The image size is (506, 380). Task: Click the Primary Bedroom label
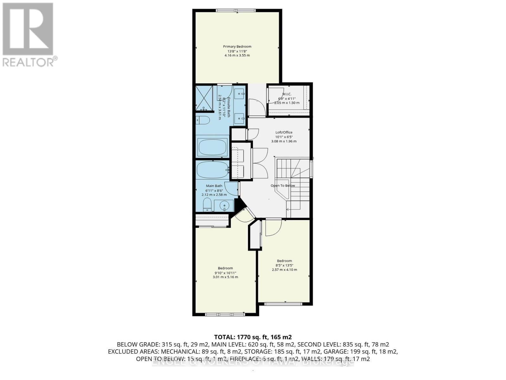(x=237, y=47)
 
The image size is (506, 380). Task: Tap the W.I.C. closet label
(x=287, y=94)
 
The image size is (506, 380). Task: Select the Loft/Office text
(x=284, y=132)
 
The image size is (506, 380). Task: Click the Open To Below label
(x=282, y=186)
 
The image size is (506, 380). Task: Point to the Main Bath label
(x=214, y=186)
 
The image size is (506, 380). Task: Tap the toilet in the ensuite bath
(x=203, y=120)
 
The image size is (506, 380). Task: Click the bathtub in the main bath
(x=212, y=170)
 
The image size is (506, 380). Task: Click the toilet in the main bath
(x=207, y=205)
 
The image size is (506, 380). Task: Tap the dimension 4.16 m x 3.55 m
(x=237, y=55)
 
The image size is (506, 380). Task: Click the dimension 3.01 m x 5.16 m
(x=225, y=277)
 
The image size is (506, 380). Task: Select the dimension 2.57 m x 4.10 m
(x=284, y=270)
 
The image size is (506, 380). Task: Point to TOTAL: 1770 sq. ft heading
(x=253, y=337)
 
